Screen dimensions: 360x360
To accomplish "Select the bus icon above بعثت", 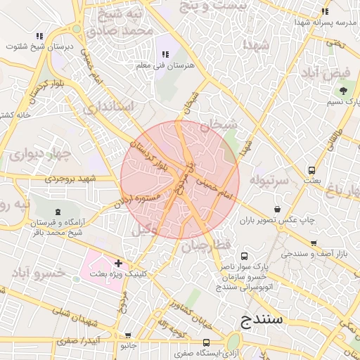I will pos(311,170).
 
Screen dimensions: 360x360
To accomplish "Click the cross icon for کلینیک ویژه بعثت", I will pos(127,263).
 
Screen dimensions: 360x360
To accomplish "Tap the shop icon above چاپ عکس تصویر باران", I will pos(279,210).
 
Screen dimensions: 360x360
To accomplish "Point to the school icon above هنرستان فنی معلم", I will pos(166,54).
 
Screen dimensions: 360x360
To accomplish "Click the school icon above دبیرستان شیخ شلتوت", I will pos(39,35).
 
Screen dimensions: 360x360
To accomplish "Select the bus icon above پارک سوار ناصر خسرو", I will pos(244,256).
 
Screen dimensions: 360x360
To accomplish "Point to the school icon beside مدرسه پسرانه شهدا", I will pos(324,11).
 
